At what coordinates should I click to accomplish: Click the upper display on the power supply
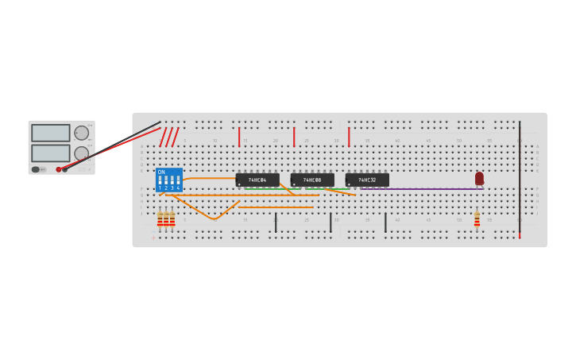pyautogui.click(x=50, y=133)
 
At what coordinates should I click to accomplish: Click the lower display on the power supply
pyautogui.click(x=50, y=153)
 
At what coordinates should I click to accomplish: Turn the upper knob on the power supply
pyautogui.click(x=82, y=133)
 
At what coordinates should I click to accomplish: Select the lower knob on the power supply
pyautogui.click(x=82, y=153)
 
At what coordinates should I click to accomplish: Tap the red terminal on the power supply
pyautogui.click(x=59, y=169)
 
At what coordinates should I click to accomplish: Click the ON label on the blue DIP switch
pyautogui.click(x=161, y=172)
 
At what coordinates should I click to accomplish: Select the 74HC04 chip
pyautogui.click(x=257, y=180)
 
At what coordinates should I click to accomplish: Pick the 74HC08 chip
pyautogui.click(x=312, y=180)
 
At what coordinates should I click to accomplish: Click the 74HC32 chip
pyautogui.click(x=367, y=180)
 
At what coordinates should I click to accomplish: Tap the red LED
pyautogui.click(x=479, y=179)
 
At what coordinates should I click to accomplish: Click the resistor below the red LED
pyautogui.click(x=477, y=219)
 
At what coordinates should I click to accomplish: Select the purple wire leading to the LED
pyautogui.click(x=421, y=189)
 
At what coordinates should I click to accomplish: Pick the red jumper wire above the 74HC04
pyautogui.click(x=239, y=137)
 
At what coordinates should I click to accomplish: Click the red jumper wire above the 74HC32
pyautogui.click(x=349, y=137)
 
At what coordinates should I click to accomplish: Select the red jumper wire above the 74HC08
pyautogui.click(x=294, y=137)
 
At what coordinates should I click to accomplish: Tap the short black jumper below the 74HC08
pyautogui.click(x=331, y=223)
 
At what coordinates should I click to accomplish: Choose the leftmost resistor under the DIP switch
pyautogui.click(x=160, y=219)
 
